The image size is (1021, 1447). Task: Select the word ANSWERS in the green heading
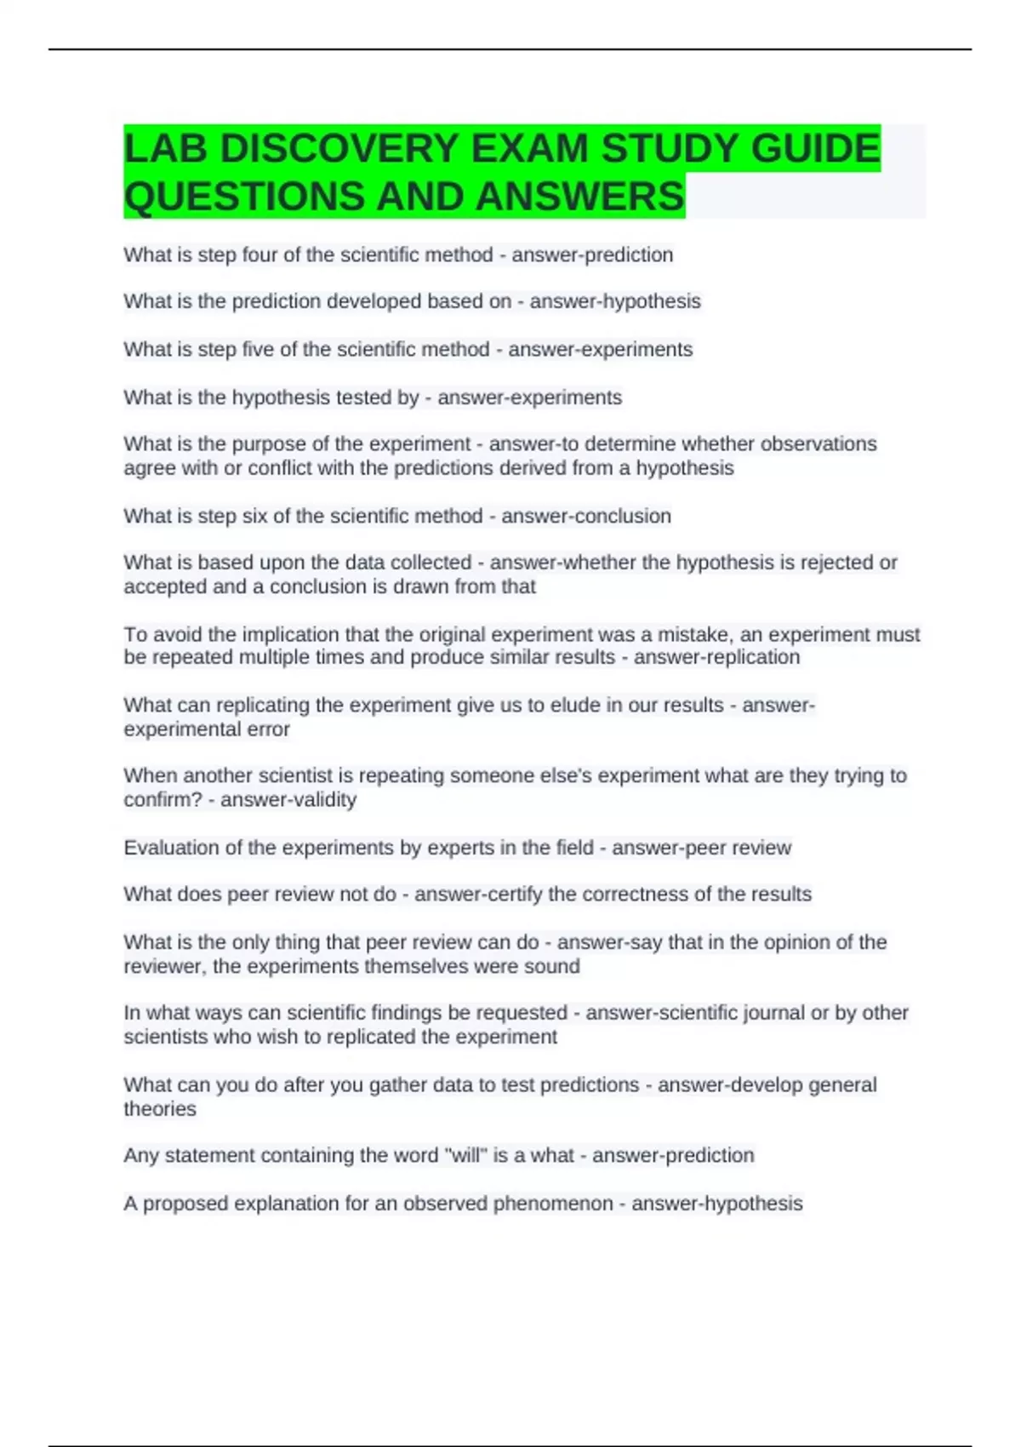point(579,197)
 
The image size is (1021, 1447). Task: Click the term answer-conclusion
point(586,517)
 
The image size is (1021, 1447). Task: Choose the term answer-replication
point(716,658)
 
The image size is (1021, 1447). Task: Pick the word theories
point(160,1109)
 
